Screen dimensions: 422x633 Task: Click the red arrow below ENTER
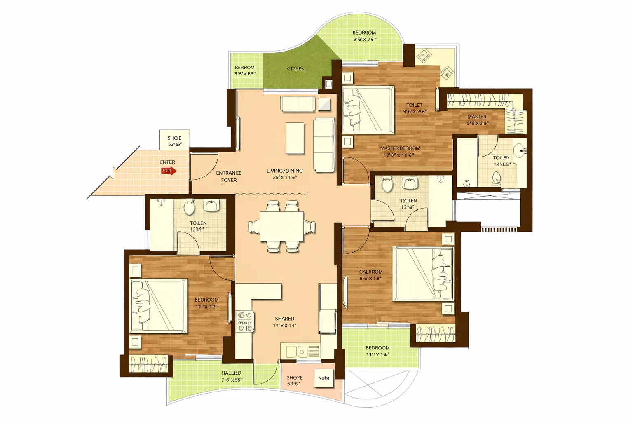pyautogui.click(x=169, y=171)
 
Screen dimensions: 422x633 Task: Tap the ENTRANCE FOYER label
pyautogui.click(x=229, y=176)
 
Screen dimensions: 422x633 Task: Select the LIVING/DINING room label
pyautogui.click(x=284, y=174)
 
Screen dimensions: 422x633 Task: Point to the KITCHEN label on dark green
pyautogui.click(x=295, y=69)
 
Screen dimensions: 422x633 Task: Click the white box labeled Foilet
pyautogui.click(x=324, y=378)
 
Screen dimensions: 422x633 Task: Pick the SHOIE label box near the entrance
pyautogui.click(x=174, y=140)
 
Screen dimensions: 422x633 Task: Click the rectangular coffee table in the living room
pyautogui.click(x=295, y=138)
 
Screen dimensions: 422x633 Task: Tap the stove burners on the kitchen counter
pyautogui.click(x=244, y=321)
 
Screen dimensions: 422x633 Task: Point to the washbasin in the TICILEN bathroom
pyautogui.click(x=410, y=183)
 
